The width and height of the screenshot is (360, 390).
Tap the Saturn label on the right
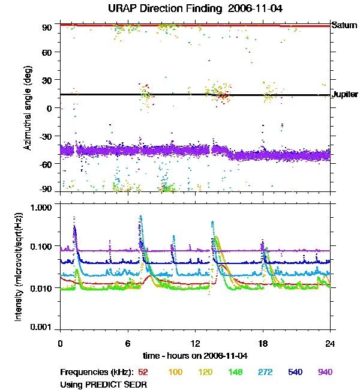(344, 25)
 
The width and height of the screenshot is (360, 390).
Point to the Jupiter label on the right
(345, 95)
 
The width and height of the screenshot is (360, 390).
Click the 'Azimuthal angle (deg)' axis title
(28, 108)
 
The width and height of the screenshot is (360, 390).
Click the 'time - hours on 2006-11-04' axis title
(195, 355)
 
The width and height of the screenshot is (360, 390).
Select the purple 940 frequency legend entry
(325, 372)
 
